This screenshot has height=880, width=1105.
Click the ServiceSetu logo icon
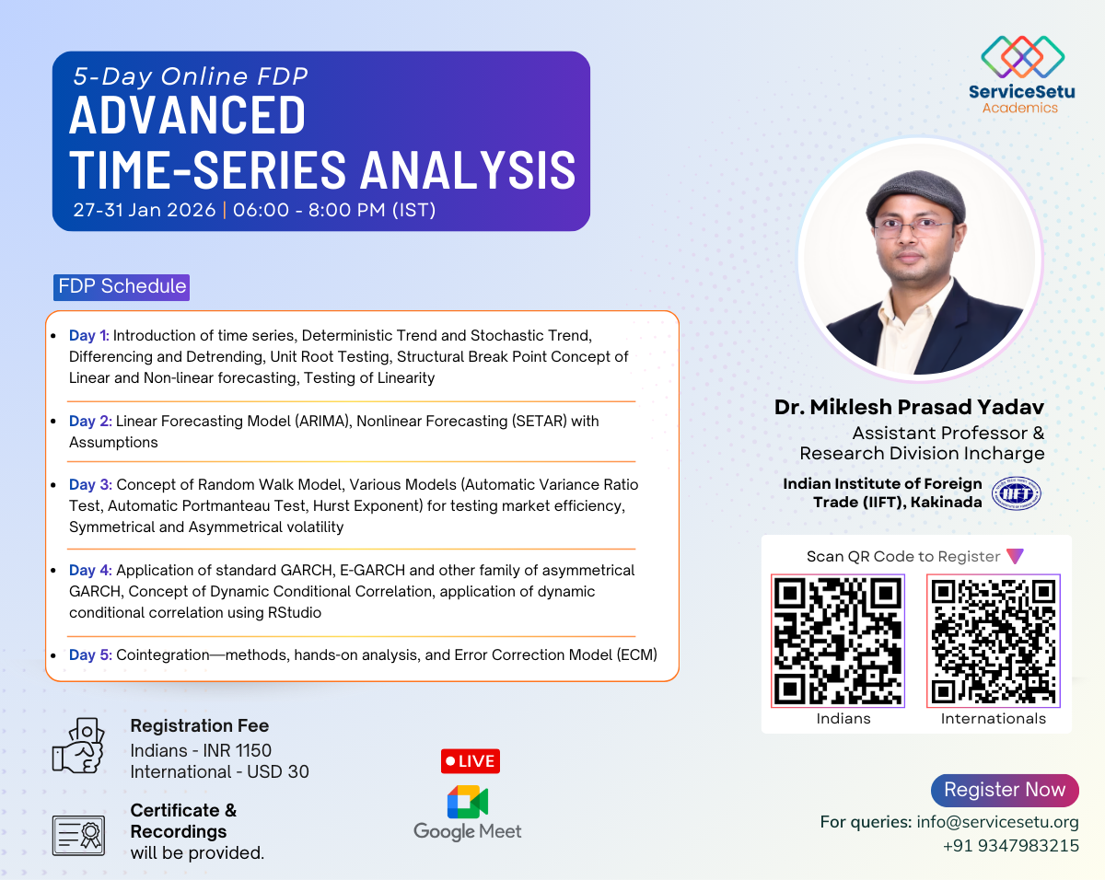point(1022,56)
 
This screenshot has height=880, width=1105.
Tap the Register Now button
point(1004,790)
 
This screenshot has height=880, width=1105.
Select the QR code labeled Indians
point(838,641)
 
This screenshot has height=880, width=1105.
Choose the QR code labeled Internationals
point(994,641)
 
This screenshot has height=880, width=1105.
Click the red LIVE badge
point(470,761)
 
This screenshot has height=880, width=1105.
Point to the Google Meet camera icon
point(467,802)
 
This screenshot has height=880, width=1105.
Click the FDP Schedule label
point(122,286)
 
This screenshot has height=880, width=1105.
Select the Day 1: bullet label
point(89,336)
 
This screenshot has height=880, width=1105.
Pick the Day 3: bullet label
point(90,484)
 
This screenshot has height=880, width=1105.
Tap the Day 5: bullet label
point(90,654)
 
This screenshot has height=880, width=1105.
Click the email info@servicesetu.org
point(997,822)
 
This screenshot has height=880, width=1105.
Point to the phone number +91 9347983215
point(1010,845)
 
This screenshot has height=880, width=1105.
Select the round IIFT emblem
point(1016,493)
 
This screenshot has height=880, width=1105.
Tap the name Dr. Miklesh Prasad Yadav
point(909,406)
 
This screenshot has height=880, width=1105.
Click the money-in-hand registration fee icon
point(77,745)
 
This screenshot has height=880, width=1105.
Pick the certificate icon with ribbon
point(78,834)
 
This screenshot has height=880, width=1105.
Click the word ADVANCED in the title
point(188,116)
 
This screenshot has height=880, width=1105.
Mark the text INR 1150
point(236,750)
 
